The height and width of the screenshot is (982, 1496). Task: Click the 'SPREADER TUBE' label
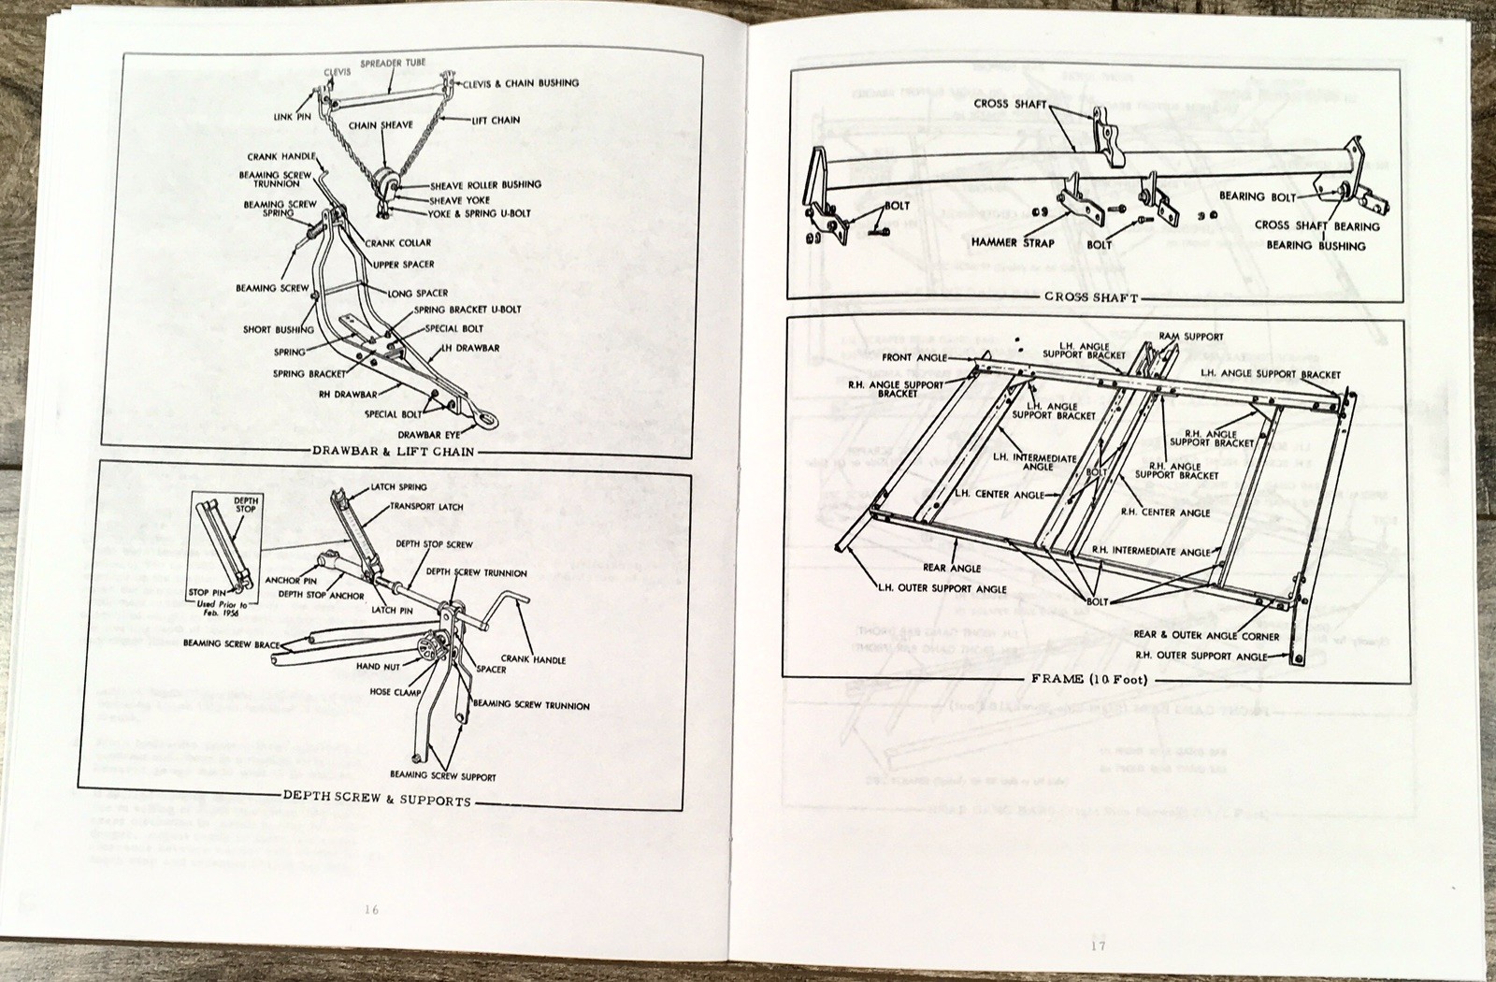[393, 63]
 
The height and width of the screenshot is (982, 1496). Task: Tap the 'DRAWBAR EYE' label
[429, 435]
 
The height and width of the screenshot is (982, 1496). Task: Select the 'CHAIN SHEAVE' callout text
[381, 125]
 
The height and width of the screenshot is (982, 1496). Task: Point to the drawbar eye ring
[488, 421]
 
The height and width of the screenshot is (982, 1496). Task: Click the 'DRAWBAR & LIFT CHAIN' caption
[394, 452]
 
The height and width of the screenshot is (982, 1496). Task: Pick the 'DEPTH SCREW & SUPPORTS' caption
[377, 801]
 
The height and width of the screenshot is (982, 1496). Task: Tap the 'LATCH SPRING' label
[398, 487]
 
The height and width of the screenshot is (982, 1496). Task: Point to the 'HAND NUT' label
[379, 667]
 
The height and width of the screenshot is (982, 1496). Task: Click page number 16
[371, 909]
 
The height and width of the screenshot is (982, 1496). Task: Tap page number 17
[1098, 945]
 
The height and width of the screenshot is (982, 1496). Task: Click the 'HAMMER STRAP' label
[1012, 242]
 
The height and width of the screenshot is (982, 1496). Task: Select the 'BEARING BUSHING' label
[1316, 246]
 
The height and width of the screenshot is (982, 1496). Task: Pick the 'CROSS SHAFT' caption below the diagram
[1091, 296]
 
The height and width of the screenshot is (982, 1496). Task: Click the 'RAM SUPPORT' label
[1191, 337]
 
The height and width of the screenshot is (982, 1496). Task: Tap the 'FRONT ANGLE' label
[914, 357]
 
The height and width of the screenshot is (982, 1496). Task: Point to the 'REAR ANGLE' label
[952, 568]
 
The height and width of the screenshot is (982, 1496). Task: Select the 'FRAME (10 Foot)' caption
[1089, 679]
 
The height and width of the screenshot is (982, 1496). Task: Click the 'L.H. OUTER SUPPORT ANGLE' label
[942, 588]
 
